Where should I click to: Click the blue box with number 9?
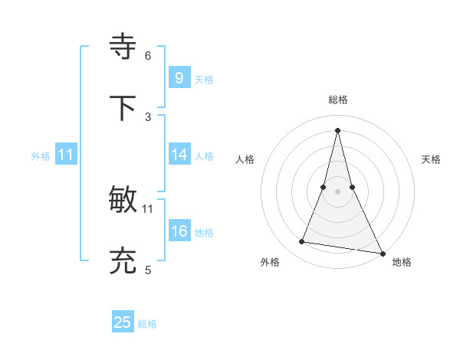pyautogui.click(x=179, y=78)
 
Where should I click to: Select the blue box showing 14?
pyautogui.click(x=179, y=155)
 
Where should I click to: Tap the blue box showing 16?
pyautogui.click(x=179, y=231)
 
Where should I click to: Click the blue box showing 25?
pyautogui.click(x=123, y=322)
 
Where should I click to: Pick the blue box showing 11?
pyautogui.click(x=66, y=155)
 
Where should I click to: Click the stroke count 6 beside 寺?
pyautogui.click(x=148, y=55)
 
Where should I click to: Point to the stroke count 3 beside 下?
pyautogui.click(x=148, y=116)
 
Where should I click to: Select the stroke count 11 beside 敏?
pyautogui.click(x=148, y=208)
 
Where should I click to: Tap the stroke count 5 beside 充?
pyautogui.click(x=148, y=270)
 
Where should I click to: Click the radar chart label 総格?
pyautogui.click(x=337, y=100)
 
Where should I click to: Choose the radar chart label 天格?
pyautogui.click(x=432, y=159)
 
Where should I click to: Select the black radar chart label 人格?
pyautogui.click(x=245, y=159)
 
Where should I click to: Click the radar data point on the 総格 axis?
pyautogui.click(x=337, y=129)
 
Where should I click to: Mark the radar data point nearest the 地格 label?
pyautogui.click(x=382, y=253)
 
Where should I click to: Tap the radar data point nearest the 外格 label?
pyautogui.click(x=301, y=242)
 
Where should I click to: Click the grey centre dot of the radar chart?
pyautogui.click(x=337, y=191)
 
